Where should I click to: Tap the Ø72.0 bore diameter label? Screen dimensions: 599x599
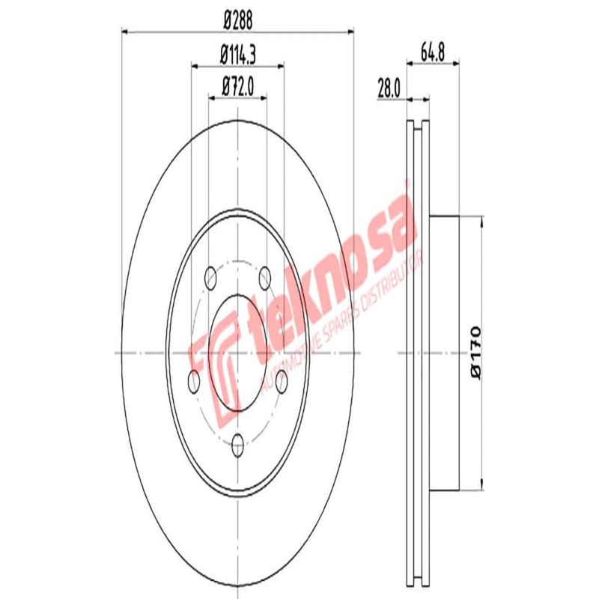[237, 88]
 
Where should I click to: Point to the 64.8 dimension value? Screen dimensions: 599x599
[432, 54]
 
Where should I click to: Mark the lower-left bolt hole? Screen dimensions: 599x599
[193, 382]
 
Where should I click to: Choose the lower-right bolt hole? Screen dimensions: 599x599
[282, 382]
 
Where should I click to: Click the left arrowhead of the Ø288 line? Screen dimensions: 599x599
[125, 31]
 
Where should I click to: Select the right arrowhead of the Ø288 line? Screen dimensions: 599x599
[348, 31]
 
